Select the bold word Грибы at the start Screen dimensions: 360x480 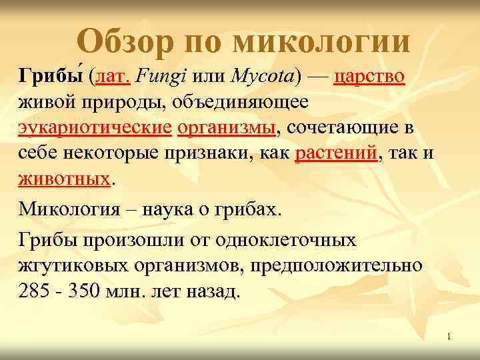coord(51,77)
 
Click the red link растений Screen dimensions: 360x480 coord(335,153)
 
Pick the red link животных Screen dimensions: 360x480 coord(63,178)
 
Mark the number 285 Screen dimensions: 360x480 coord(34,291)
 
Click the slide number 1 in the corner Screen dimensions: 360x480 coord(449,337)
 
